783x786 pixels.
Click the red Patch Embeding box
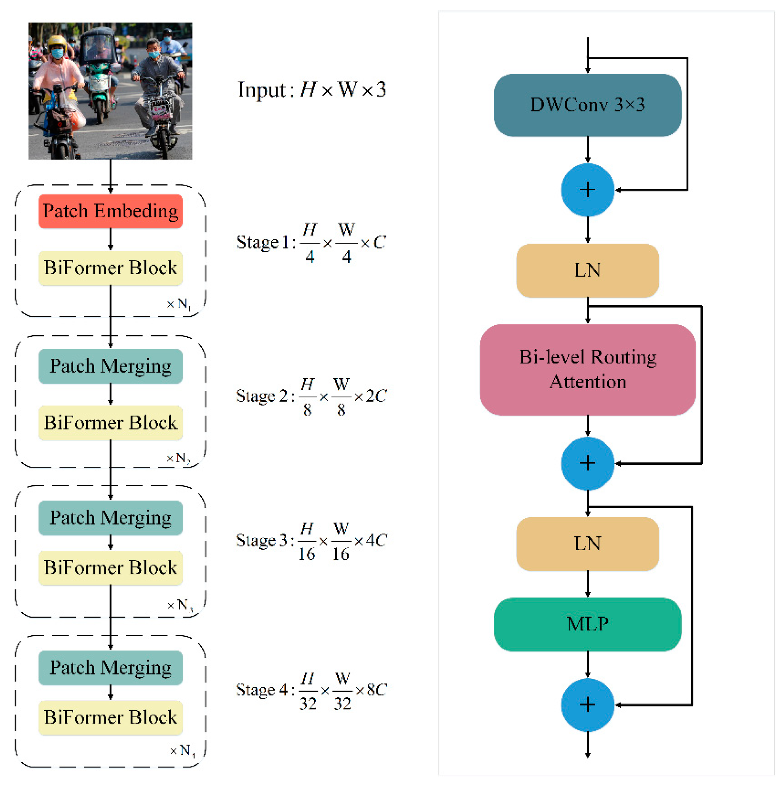tap(110, 211)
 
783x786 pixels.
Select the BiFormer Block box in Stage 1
tap(110, 268)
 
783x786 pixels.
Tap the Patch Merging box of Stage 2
tap(110, 366)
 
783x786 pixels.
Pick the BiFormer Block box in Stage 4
tap(110, 717)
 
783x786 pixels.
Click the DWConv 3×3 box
tap(587, 105)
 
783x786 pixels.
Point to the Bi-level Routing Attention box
tap(587, 370)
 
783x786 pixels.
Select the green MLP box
tap(587, 624)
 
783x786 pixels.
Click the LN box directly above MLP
tap(587, 544)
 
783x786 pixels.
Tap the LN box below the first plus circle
tap(587, 270)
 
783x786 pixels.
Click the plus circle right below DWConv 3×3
tap(587, 190)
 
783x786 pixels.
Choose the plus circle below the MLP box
tap(587, 705)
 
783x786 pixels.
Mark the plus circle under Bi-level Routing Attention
tap(587, 463)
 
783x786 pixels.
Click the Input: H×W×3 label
tap(312, 89)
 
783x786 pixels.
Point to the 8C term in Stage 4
tap(376, 689)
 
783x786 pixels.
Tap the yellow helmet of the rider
tap(56, 42)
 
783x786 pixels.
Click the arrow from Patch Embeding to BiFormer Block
tap(110, 240)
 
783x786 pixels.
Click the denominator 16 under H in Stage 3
tap(307, 554)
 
